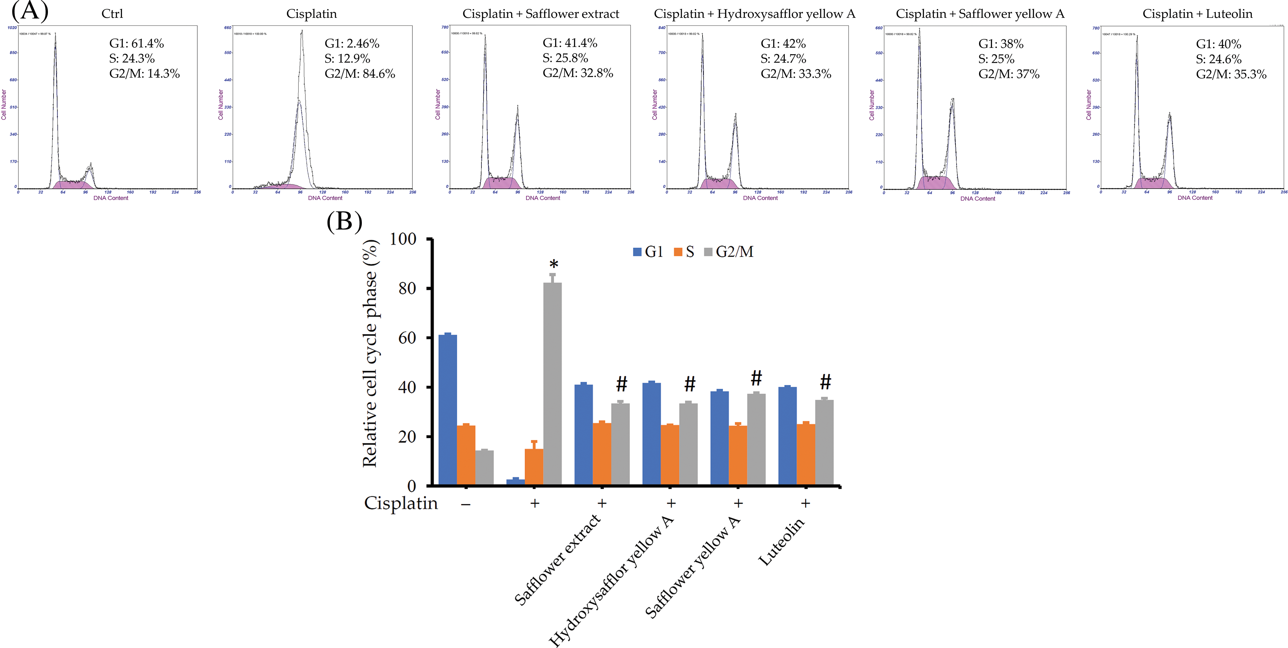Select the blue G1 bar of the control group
[x=447, y=410]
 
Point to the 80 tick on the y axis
[x=407, y=288]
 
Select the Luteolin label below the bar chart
[x=781, y=542]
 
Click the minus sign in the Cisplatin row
[x=466, y=504]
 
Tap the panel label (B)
[x=344, y=221]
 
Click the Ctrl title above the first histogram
[x=112, y=14]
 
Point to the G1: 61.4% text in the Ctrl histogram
[x=136, y=44]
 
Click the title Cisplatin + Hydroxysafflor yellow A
[x=754, y=14]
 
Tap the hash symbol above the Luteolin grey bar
[x=825, y=382]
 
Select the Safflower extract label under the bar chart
[x=557, y=559]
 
